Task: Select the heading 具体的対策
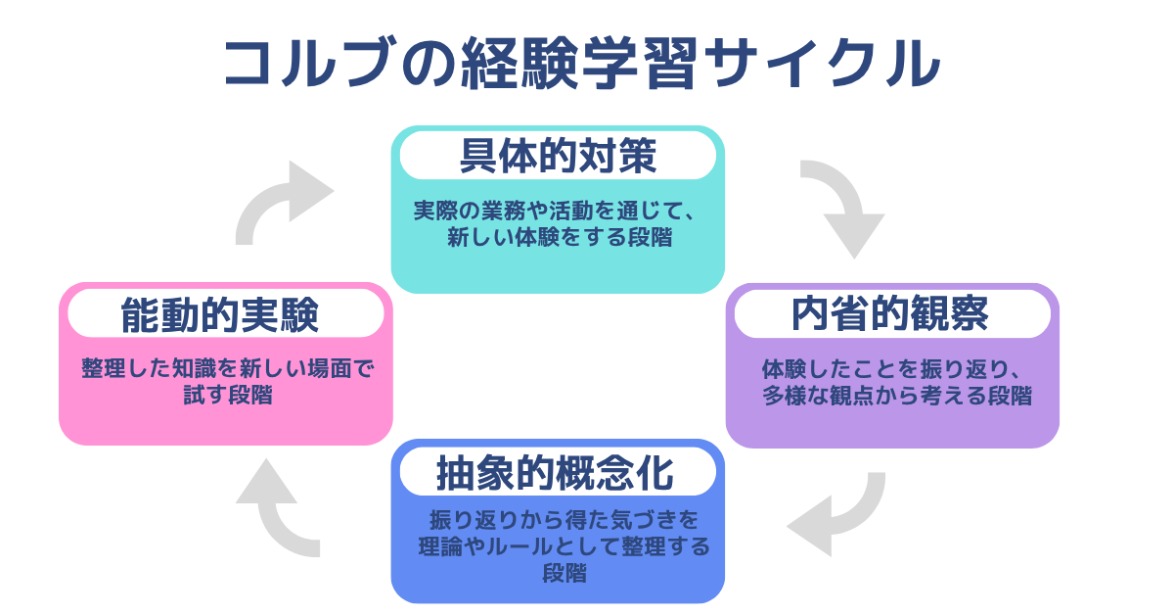558,156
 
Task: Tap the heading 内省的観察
890,314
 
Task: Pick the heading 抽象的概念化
555,474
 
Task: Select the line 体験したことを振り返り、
892,370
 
